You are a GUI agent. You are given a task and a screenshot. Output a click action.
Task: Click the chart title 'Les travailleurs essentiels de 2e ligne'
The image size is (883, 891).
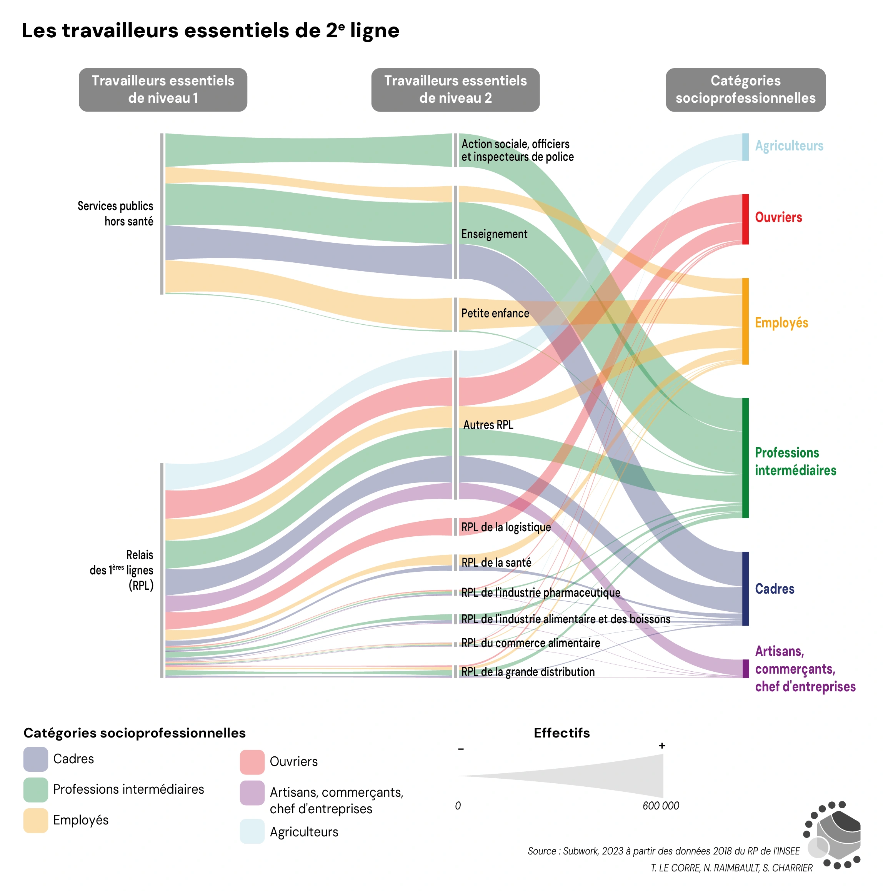pyautogui.click(x=210, y=30)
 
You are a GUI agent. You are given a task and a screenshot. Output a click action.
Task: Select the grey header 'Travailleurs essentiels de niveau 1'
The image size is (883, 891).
pyautogui.click(x=163, y=90)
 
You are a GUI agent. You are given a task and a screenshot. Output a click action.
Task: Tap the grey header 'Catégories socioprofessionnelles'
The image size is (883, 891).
pyautogui.click(x=745, y=90)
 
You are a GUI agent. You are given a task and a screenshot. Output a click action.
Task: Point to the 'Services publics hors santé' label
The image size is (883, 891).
pyautogui.click(x=115, y=214)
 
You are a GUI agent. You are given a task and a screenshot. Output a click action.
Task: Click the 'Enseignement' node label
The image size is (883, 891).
pyautogui.click(x=494, y=234)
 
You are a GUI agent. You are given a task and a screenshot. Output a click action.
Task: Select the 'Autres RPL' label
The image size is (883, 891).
pyautogui.click(x=488, y=425)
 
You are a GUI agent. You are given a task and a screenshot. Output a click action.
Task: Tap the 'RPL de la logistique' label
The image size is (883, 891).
pyautogui.click(x=506, y=527)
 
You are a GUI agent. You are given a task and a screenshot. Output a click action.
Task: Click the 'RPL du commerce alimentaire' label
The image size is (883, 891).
pyautogui.click(x=530, y=643)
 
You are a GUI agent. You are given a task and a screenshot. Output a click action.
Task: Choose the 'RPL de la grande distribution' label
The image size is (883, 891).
pyautogui.click(x=528, y=672)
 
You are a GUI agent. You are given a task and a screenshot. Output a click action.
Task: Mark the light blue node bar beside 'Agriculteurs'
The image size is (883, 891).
pyautogui.click(x=745, y=147)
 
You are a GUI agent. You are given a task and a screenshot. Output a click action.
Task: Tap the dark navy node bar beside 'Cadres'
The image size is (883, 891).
pyautogui.click(x=745, y=589)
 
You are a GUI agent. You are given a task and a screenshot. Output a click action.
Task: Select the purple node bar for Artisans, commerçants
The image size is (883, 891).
pyautogui.click(x=745, y=668)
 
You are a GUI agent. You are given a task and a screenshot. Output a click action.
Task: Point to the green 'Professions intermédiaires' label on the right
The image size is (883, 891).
pyautogui.click(x=795, y=461)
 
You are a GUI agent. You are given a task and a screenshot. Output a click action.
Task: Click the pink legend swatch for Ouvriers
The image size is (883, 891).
pyautogui.click(x=252, y=762)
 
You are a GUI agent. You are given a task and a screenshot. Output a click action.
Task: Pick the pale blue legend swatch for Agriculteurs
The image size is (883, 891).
pyautogui.click(x=252, y=831)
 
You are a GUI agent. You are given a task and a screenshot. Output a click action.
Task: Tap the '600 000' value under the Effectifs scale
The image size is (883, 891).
pyautogui.click(x=660, y=806)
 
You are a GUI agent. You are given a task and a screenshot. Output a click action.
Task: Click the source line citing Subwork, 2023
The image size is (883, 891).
pyautogui.click(x=663, y=851)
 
